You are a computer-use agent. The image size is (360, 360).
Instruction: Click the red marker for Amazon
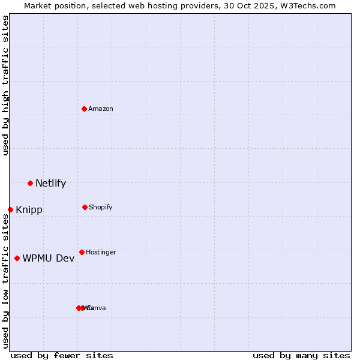(x=85, y=109)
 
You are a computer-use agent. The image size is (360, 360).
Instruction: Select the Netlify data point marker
(x=30, y=183)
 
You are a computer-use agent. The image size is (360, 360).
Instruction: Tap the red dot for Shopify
(x=85, y=207)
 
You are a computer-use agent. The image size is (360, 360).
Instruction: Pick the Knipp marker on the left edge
(x=10, y=209)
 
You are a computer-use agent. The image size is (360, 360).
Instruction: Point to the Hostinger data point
(x=82, y=252)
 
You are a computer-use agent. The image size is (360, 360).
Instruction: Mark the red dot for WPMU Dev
(x=17, y=258)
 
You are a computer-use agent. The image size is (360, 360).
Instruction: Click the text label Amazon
(x=101, y=109)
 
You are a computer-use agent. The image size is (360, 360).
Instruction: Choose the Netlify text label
(x=50, y=183)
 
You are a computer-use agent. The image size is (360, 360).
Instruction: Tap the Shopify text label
(x=101, y=207)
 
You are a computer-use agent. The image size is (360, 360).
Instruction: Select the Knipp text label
(x=29, y=210)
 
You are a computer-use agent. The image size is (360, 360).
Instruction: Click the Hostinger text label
(x=101, y=252)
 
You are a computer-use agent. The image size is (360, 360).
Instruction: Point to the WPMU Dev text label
(x=49, y=258)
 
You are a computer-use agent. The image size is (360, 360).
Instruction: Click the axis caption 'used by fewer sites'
(x=62, y=355)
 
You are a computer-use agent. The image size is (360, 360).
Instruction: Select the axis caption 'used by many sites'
(x=301, y=355)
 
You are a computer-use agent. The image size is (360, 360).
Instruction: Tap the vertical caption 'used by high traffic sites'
(x=5, y=85)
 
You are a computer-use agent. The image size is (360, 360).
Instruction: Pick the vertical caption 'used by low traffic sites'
(x=5, y=281)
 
